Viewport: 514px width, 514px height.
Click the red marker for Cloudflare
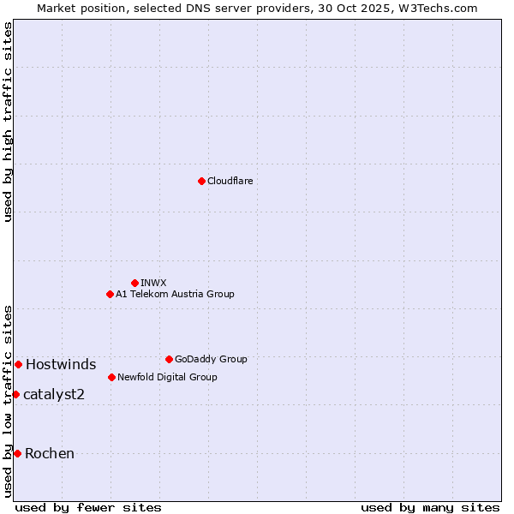201,181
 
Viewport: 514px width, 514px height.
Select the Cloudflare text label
230,181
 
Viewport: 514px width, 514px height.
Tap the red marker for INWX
134,283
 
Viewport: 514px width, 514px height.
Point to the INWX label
153,283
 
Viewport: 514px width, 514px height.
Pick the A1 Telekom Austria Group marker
110,294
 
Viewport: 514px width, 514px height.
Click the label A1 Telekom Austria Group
175,294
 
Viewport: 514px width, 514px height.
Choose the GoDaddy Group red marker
169,359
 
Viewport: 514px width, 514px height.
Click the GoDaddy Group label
210,359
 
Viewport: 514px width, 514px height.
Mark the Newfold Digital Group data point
111,377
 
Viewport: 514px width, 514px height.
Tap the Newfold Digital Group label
167,377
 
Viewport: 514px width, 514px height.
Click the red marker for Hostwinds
18,364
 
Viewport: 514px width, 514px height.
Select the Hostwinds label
61,365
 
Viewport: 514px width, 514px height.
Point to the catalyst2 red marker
15,394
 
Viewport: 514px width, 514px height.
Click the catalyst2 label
54,394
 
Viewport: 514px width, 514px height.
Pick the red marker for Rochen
17,453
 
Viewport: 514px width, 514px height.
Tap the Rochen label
50,453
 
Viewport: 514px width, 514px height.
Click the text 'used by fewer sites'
88,507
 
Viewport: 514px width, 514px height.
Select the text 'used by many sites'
430,507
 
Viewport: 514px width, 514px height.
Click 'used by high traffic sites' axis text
9,122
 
